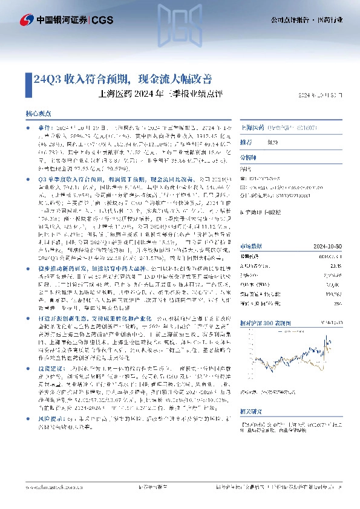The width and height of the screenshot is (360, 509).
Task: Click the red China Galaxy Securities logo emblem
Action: click(26, 20)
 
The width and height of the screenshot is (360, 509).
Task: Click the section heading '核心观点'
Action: click(39, 114)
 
